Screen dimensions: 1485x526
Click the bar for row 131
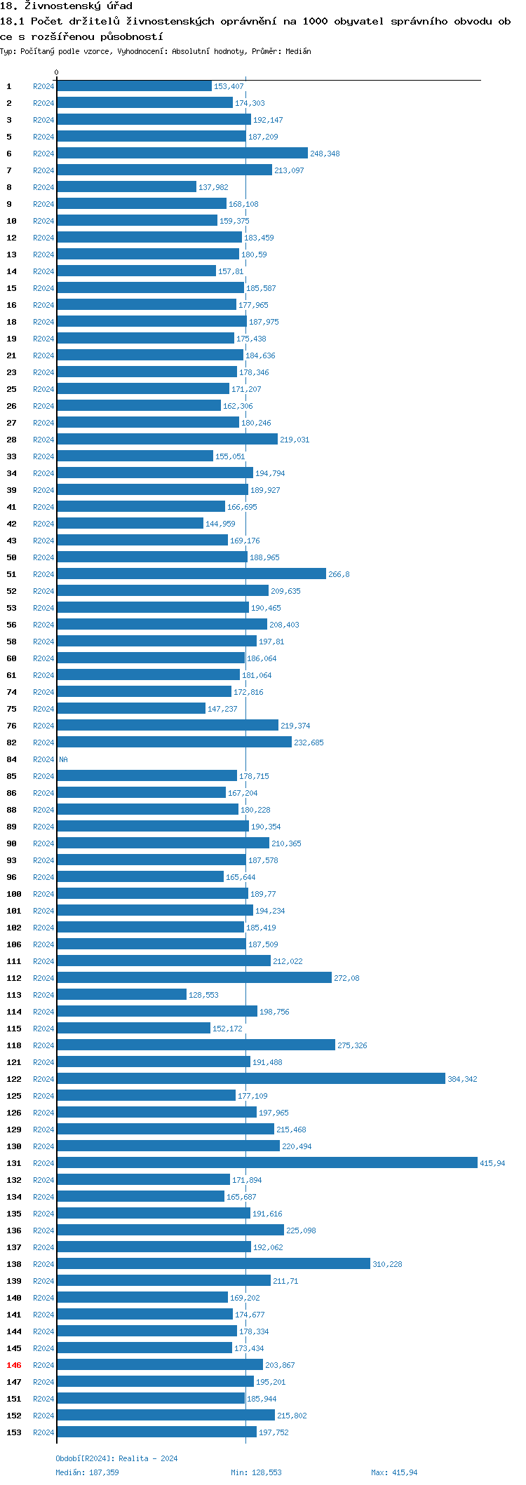click(267, 1162)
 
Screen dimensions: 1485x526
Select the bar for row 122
click(250, 1078)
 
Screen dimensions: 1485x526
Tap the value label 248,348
click(325, 154)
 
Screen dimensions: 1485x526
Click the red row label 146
click(14, 1364)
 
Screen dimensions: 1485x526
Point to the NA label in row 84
click(63, 759)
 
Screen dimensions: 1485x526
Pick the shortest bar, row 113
click(121, 994)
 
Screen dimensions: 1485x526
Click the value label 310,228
click(387, 1263)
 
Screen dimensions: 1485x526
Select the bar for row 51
click(191, 574)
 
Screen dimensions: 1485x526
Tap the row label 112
click(14, 978)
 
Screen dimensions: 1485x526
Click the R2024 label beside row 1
click(43, 86)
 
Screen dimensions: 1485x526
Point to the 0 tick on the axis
click(57, 72)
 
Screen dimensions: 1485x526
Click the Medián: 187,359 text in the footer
click(87, 1472)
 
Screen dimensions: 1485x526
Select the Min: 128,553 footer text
click(256, 1472)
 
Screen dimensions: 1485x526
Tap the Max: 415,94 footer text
click(394, 1472)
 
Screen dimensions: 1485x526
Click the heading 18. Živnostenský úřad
click(66, 6)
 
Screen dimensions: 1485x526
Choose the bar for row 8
click(126, 187)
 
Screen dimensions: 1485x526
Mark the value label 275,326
click(352, 1045)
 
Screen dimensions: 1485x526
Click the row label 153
click(14, 1432)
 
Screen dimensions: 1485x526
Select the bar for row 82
click(174, 742)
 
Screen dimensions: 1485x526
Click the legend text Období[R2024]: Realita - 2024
click(116, 1458)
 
